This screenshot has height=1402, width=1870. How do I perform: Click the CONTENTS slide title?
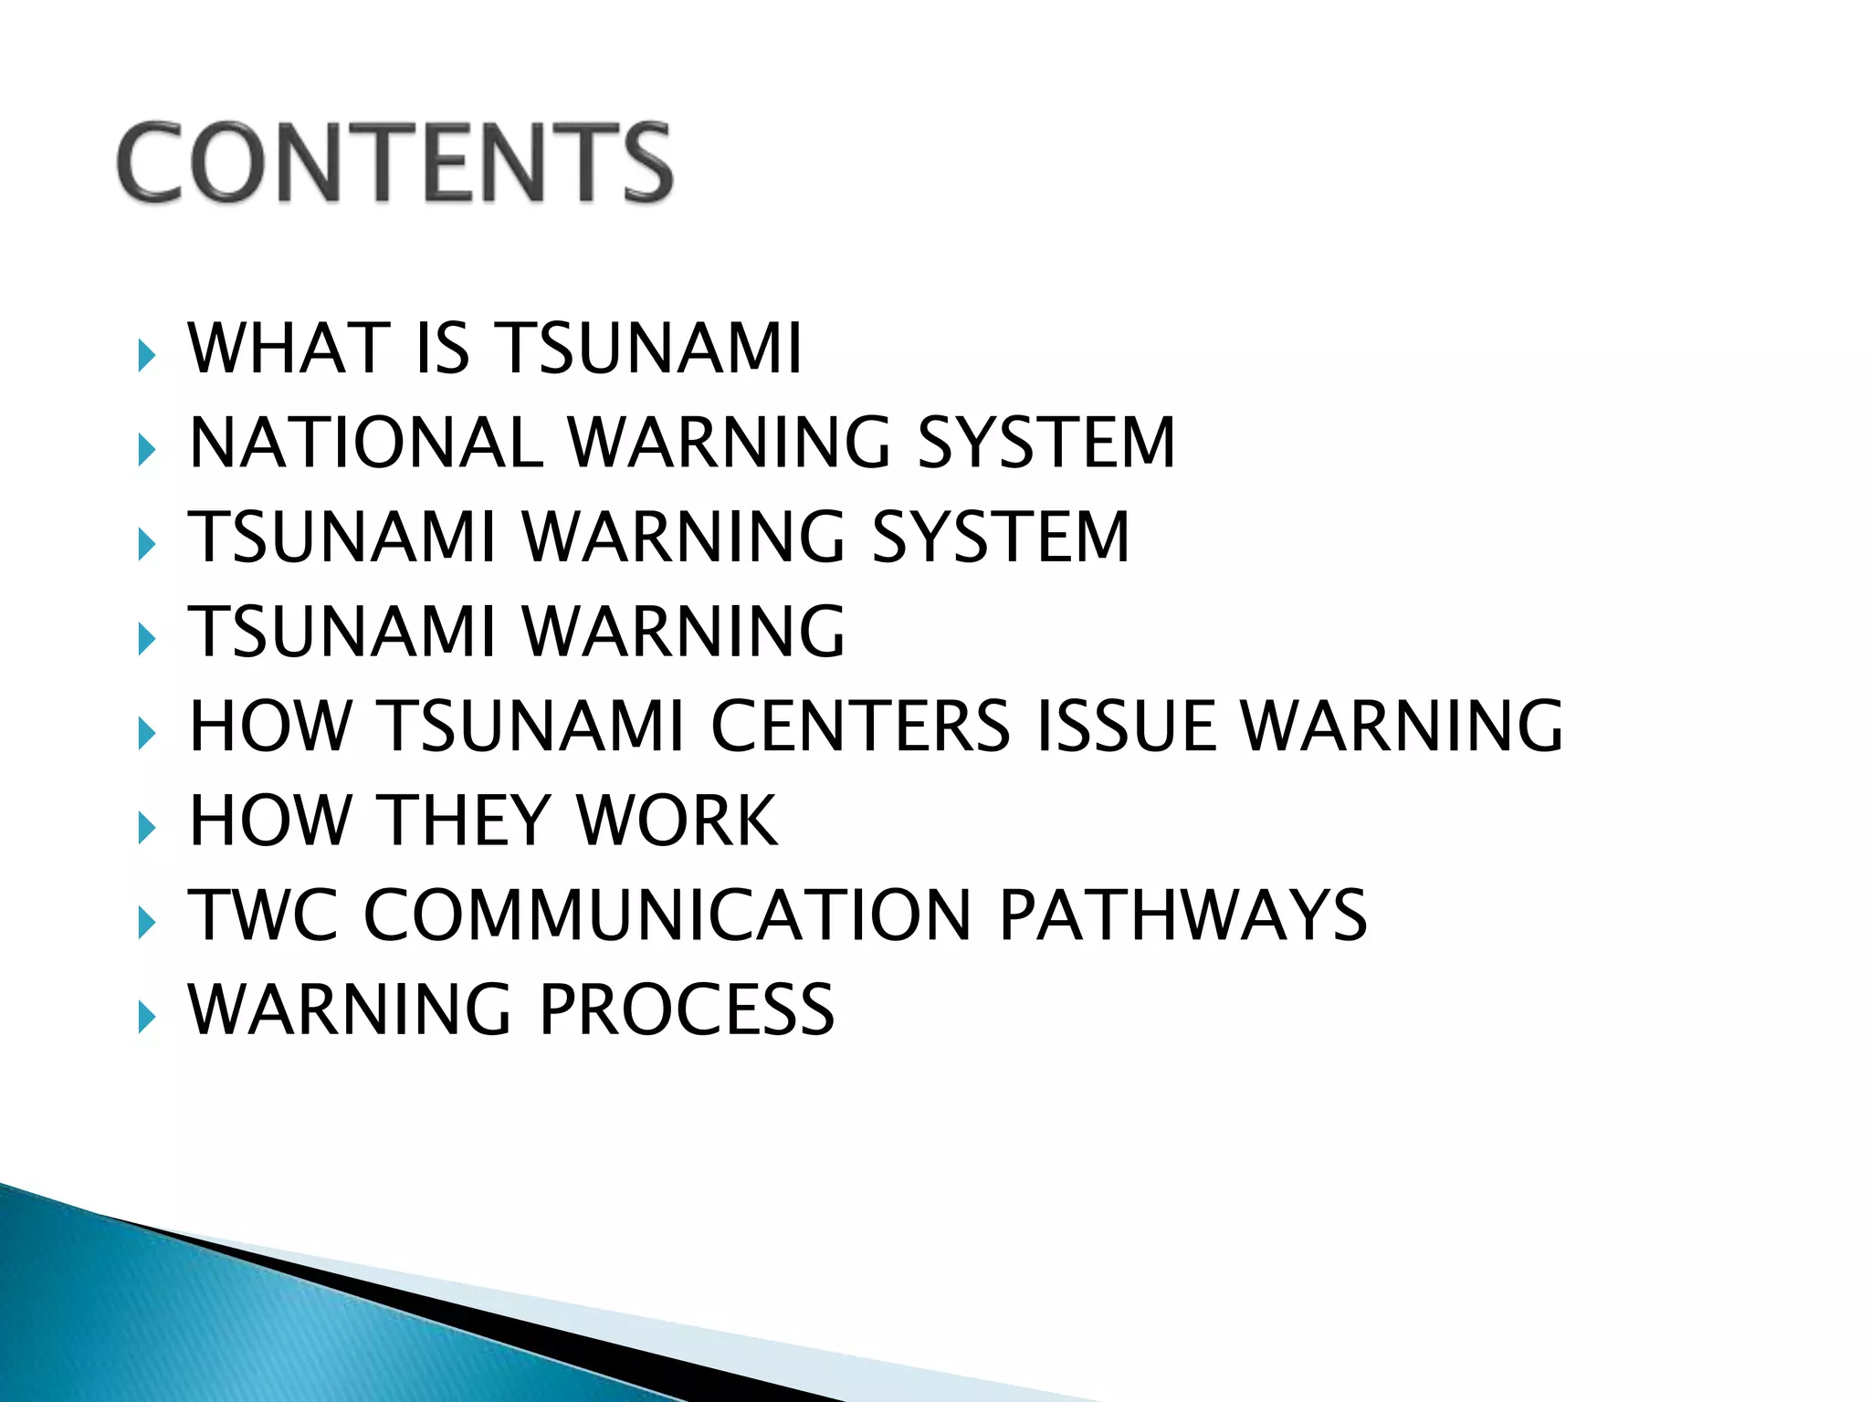click(x=394, y=162)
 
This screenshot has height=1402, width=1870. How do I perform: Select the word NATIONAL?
click(x=366, y=443)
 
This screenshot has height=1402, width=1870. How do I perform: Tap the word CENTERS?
click(x=860, y=727)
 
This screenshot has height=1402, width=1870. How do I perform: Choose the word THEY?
click(x=462, y=821)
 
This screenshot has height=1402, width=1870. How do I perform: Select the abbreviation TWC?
click(x=263, y=915)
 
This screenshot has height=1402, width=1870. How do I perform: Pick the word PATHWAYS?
click(x=1183, y=915)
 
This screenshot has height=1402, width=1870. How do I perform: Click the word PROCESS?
click(x=687, y=1010)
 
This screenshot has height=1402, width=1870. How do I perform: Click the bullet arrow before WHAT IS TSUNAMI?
click(x=146, y=355)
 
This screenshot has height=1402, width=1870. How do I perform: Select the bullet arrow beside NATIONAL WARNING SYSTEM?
click(x=146, y=449)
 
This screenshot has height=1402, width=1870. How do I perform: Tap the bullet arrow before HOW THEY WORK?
click(x=146, y=827)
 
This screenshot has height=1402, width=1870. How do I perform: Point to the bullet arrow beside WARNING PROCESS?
click(x=146, y=1016)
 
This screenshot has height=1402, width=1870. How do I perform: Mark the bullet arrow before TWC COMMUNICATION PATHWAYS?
click(x=146, y=922)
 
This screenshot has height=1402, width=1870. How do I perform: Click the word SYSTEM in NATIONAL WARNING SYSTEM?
click(x=1046, y=443)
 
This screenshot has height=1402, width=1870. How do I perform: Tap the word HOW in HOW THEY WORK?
click(x=270, y=821)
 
